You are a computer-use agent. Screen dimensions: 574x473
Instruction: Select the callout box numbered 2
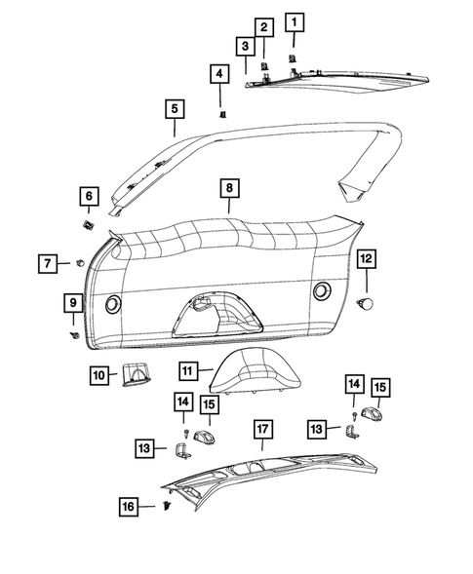(x=263, y=28)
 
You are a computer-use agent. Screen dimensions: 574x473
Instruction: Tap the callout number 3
(x=245, y=47)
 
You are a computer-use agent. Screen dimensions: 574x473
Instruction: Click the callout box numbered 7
(x=48, y=263)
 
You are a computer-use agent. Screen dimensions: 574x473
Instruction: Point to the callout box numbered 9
(x=73, y=303)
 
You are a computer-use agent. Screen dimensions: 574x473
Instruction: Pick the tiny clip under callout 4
(x=221, y=114)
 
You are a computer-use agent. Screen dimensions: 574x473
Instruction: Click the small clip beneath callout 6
(x=87, y=224)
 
